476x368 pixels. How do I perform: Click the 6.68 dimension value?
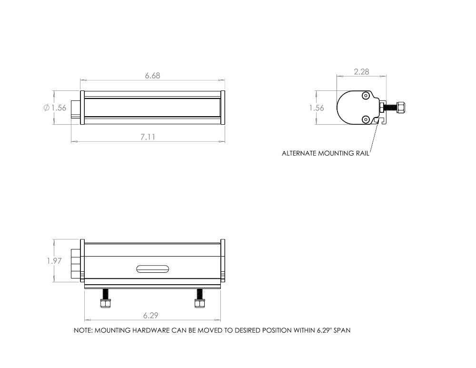pyautogui.click(x=152, y=76)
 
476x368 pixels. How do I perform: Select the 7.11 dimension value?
pyautogui.click(x=148, y=137)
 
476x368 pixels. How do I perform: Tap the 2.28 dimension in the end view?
pyautogui.click(x=361, y=72)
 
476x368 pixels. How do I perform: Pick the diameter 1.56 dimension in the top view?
pyautogui.click(x=55, y=108)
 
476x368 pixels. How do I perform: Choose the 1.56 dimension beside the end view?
pyautogui.click(x=317, y=108)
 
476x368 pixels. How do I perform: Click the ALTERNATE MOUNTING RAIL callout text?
pyautogui.click(x=326, y=153)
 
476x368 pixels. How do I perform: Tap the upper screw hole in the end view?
pyautogui.click(x=366, y=96)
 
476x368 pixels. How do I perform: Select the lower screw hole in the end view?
pyautogui.click(x=366, y=119)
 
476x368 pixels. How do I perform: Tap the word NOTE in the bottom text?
pyautogui.click(x=82, y=330)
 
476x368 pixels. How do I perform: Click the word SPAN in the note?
pyautogui.click(x=342, y=330)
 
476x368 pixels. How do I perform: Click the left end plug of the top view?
pyautogui.click(x=76, y=108)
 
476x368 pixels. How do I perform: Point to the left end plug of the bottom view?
pyautogui.click(x=76, y=263)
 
